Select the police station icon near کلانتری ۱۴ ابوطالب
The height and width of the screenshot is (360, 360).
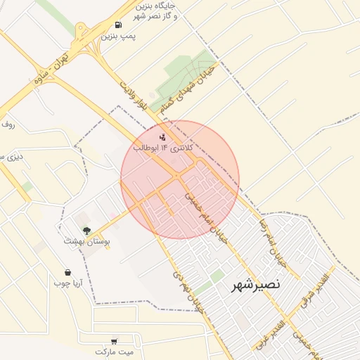click(x=163, y=136)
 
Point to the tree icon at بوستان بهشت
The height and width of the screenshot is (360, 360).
click(x=86, y=230)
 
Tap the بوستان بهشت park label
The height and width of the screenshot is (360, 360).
click(x=87, y=240)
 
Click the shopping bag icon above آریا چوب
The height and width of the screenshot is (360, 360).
click(x=67, y=272)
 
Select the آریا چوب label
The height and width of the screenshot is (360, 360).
click(x=68, y=283)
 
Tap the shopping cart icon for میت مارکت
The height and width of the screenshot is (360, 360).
click(x=114, y=340)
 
